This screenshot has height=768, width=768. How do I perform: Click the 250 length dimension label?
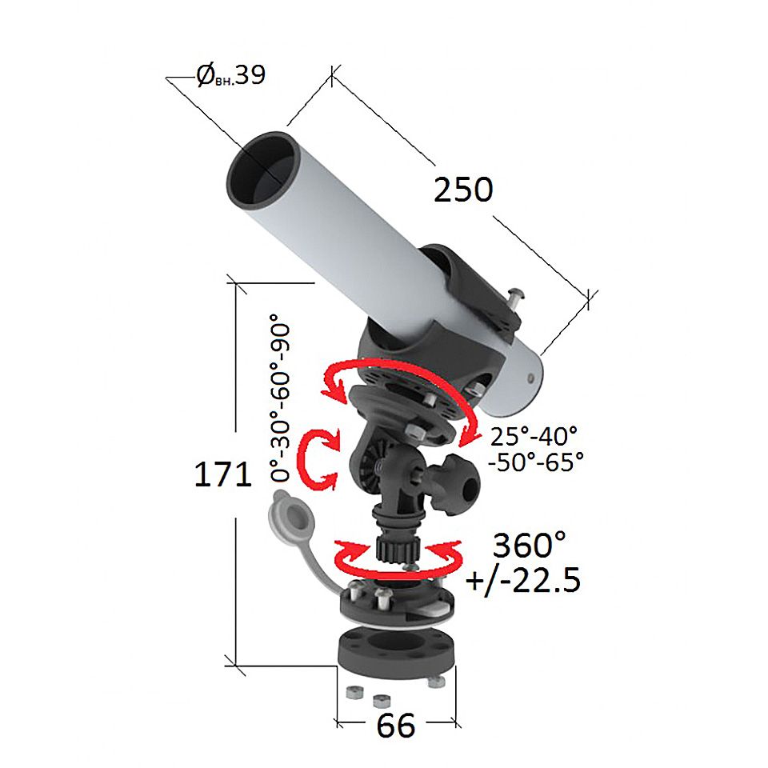(463, 190)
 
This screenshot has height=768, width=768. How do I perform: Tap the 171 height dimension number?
(223, 474)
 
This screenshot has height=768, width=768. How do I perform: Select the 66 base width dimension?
(396, 726)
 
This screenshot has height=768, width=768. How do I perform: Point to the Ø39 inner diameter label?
(230, 75)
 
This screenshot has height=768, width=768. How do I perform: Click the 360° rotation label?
(529, 545)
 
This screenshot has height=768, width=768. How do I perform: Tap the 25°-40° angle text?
(534, 436)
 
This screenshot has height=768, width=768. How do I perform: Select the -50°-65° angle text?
(536, 462)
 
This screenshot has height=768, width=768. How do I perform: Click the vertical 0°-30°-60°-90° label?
(281, 398)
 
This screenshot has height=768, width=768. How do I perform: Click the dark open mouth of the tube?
(263, 170)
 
